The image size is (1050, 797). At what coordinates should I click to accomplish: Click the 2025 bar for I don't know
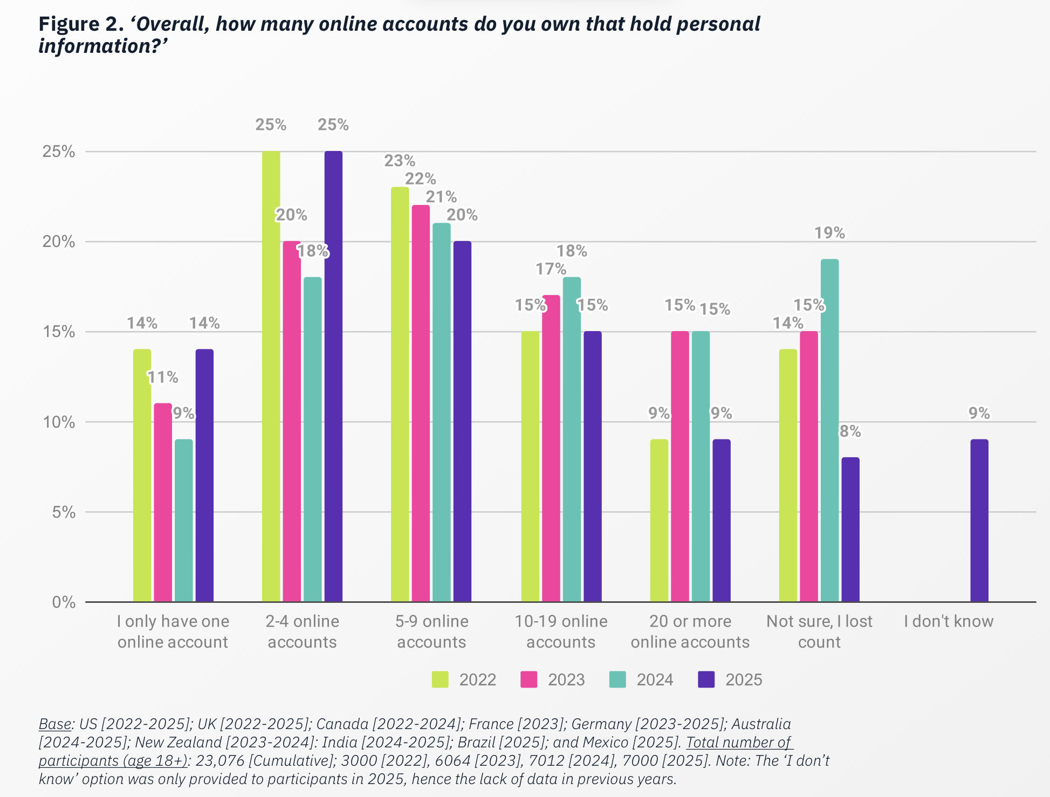[979, 520]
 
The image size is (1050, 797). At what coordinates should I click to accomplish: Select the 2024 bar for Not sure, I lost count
[829, 430]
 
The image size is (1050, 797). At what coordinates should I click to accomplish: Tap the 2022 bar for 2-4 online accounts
[271, 376]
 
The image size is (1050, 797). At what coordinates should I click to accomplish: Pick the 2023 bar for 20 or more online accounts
[680, 466]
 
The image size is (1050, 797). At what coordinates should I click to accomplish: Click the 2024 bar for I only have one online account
[184, 520]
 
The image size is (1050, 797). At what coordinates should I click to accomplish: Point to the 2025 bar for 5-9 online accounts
[462, 421]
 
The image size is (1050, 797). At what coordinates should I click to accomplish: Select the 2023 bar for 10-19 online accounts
[551, 448]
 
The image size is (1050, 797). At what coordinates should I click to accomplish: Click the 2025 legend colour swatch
[706, 679]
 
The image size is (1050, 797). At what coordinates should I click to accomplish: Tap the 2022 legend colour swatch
[440, 679]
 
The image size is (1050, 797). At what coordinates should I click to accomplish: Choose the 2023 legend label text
[566, 679]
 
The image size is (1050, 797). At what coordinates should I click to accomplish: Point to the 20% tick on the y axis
[59, 242]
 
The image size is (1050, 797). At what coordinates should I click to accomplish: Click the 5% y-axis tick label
[64, 512]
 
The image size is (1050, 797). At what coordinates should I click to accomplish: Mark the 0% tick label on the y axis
[64, 602]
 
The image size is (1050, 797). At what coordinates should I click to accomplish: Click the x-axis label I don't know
[949, 621]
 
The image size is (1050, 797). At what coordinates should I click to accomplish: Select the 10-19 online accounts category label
[561, 631]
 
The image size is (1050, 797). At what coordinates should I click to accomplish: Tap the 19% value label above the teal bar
[829, 233]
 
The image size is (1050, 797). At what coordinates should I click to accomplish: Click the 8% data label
[850, 431]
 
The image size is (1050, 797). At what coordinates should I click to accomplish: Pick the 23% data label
[400, 161]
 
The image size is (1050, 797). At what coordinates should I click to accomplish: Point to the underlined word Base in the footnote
[54, 724]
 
